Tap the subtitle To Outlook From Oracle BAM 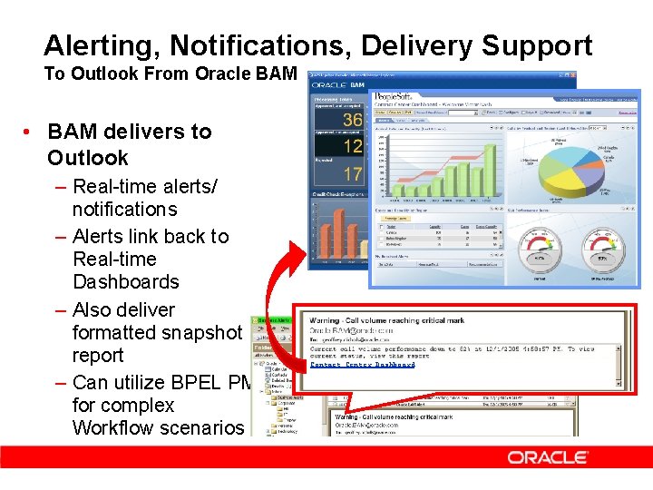[x=170, y=73]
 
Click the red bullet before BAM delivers [x=29, y=132]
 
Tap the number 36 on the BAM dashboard [x=352, y=120]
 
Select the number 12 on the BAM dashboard [x=352, y=145]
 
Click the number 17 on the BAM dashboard [x=352, y=172]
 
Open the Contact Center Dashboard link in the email [x=363, y=364]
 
